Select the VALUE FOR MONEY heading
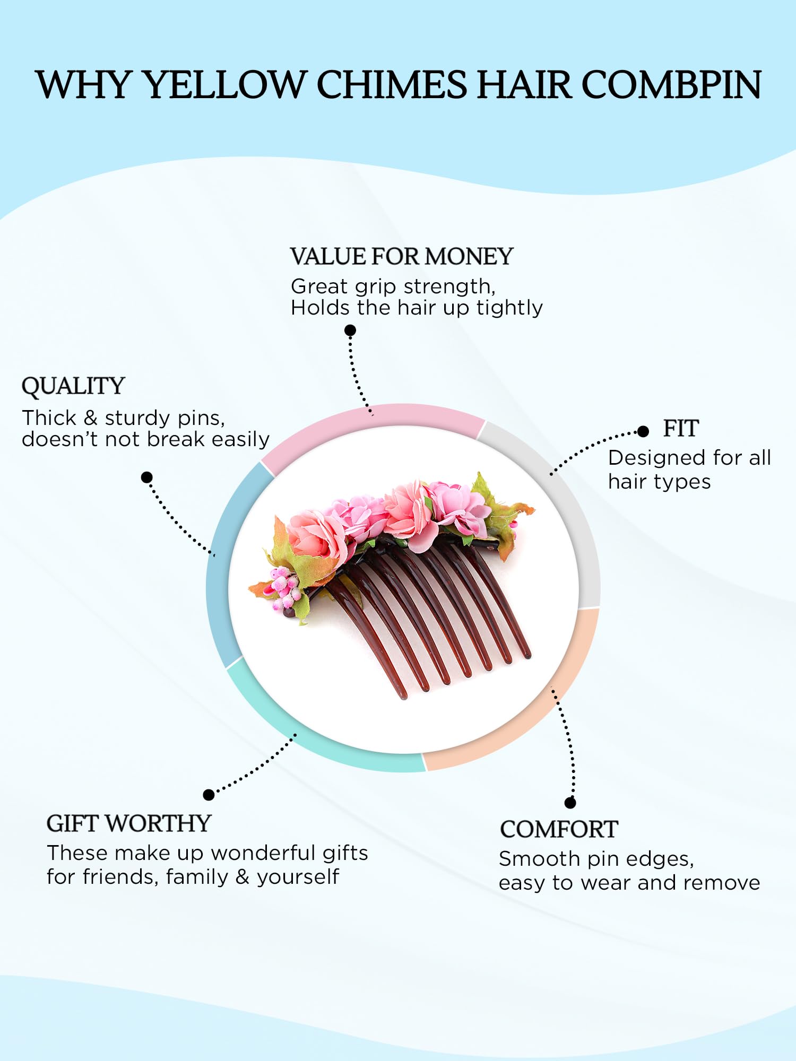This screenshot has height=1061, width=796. point(401,257)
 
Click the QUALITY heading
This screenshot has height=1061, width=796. point(73,386)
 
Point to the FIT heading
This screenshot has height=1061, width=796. point(681,429)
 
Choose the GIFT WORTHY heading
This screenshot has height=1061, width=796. point(129,823)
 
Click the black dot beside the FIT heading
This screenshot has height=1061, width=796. point(643,431)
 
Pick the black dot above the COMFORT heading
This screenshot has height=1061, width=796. point(570,803)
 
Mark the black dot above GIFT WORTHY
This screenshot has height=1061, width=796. point(209,794)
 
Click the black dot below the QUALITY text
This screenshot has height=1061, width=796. point(147,477)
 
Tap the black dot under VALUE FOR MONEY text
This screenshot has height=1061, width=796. point(350,331)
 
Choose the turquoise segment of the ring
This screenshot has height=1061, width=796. point(318,748)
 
